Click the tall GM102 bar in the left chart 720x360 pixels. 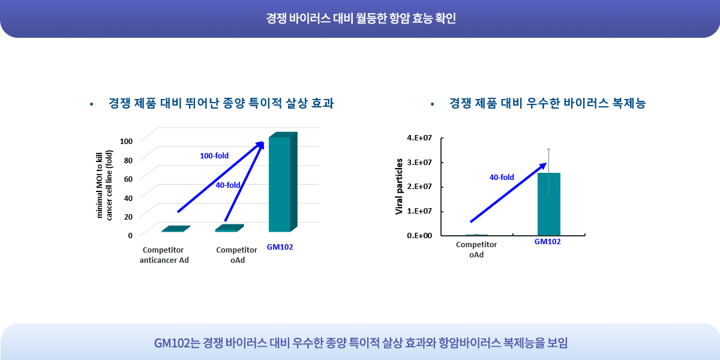coord(283,182)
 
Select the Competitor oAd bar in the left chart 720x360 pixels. coord(229,228)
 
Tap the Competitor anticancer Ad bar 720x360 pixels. coord(176,229)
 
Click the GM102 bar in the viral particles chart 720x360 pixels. coord(548,204)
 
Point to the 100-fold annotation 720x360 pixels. coord(214,156)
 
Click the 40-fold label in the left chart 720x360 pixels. coord(228,185)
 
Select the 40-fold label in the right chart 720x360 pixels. coord(502,177)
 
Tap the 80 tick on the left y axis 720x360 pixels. coord(128,160)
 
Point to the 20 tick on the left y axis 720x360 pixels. coord(128,217)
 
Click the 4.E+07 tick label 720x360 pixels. coord(419,138)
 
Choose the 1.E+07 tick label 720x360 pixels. coord(419,211)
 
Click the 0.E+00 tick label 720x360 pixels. coord(419,236)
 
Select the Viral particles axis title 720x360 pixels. coord(399,187)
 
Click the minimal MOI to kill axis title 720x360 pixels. coord(104,185)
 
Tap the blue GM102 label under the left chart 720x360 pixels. coord(280,247)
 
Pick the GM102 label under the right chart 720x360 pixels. coord(547,242)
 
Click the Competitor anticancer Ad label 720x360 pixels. coord(164,255)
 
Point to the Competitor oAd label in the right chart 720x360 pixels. coord(476,250)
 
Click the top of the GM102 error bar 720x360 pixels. coord(548,149)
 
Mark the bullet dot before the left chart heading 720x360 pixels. coord(92,104)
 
